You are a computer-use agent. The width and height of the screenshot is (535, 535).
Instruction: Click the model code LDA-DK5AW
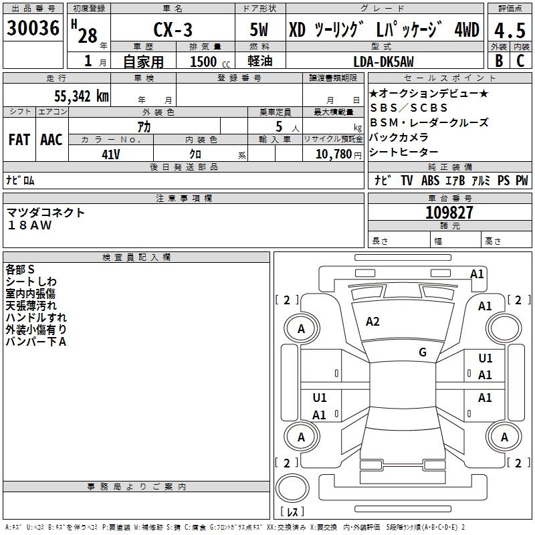coord(383,62)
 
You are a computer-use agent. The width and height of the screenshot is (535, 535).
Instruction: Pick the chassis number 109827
coord(449,213)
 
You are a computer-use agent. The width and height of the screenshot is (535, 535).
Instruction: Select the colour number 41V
coord(111,153)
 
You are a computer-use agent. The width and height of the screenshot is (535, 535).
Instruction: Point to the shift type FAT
coord(19,139)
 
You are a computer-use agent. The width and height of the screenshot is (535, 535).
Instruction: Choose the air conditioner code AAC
coord(51,139)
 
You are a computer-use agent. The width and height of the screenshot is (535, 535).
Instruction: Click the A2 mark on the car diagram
coord(372,322)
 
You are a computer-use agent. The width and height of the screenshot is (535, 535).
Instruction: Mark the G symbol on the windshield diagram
coord(422,352)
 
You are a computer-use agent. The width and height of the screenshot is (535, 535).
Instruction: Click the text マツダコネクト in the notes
coord(46,213)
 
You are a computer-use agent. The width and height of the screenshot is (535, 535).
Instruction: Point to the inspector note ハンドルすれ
coord(36,318)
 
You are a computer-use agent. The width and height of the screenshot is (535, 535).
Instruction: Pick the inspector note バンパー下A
coord(36,342)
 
